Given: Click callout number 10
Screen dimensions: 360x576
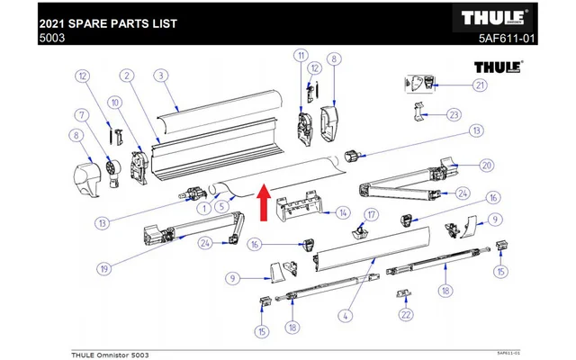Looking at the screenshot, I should (x=113, y=104).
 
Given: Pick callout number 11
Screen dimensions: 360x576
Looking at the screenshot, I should (x=301, y=57).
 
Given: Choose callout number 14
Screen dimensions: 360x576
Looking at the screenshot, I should (x=342, y=213).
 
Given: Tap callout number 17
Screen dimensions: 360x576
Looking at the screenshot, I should (x=369, y=213).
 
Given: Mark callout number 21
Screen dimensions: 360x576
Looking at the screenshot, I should (x=480, y=85).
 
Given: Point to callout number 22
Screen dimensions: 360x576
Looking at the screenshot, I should (x=407, y=314).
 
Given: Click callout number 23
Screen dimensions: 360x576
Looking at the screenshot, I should (x=453, y=114).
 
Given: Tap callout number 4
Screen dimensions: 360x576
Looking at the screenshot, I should (x=344, y=315).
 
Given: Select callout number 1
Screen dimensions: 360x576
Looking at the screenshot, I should (x=204, y=209).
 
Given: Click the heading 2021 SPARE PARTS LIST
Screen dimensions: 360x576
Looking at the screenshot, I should (x=102, y=17).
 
